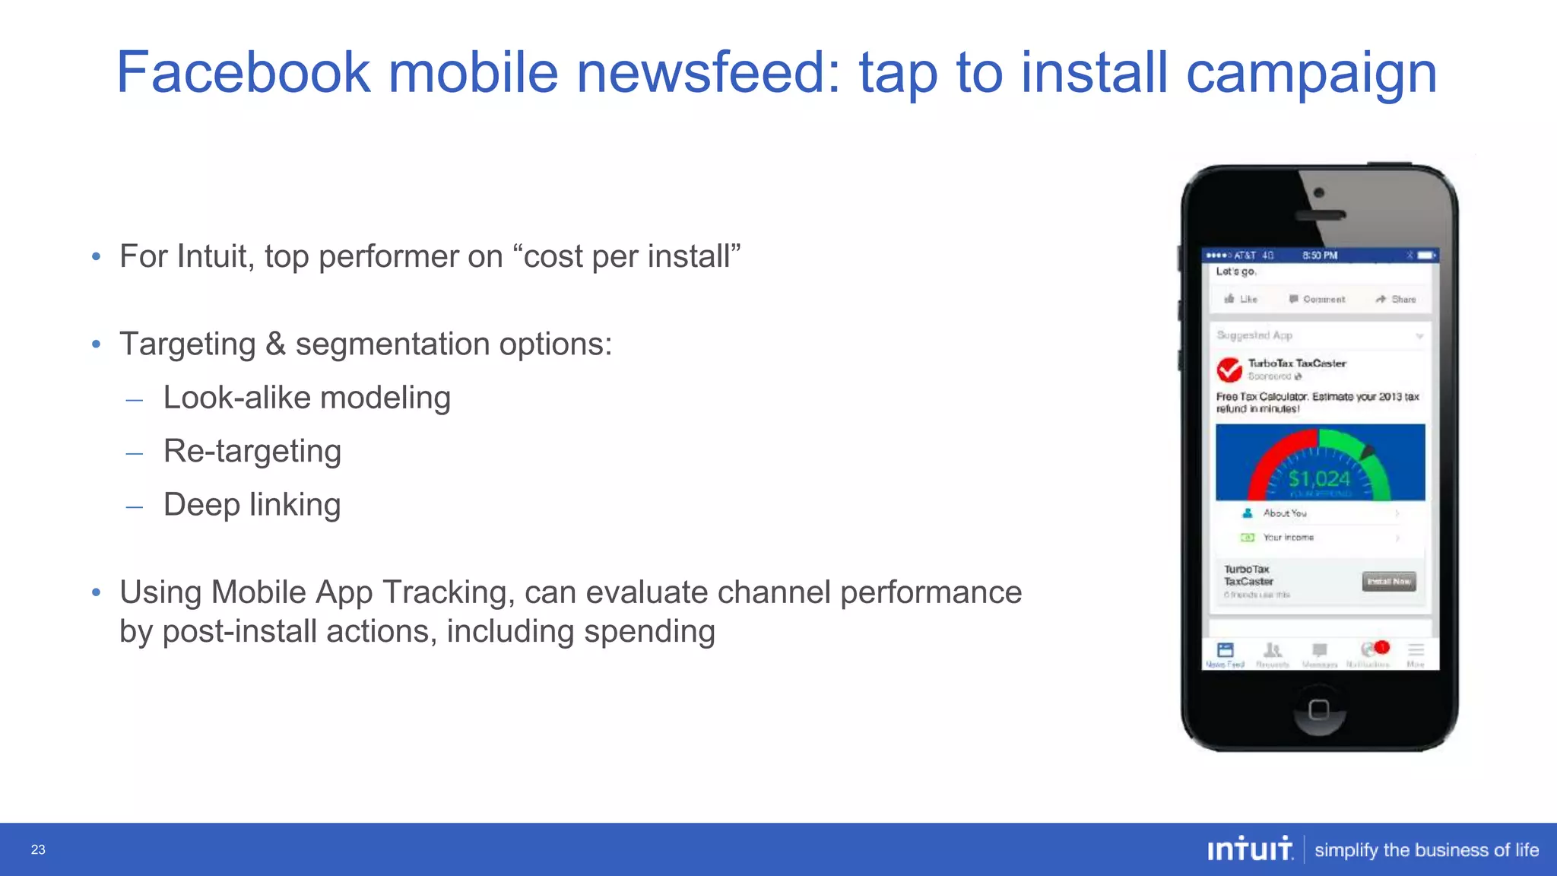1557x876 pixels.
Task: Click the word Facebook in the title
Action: pos(243,73)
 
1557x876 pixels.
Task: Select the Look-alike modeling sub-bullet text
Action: pos(306,398)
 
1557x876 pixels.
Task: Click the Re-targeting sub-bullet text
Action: pos(252,452)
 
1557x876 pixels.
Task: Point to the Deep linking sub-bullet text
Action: pos(252,505)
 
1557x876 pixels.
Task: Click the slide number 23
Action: pos(38,849)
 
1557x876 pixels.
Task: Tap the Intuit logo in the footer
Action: pos(1250,849)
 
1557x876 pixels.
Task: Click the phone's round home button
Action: pos(1319,709)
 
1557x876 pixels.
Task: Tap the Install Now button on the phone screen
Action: pos(1389,582)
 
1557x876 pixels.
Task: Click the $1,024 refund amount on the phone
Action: pos(1319,478)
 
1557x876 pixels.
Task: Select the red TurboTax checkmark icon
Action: pos(1229,370)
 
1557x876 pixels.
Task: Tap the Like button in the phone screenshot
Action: pos(1241,300)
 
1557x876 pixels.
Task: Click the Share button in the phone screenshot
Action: pos(1396,300)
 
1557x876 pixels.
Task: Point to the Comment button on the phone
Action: pos(1317,300)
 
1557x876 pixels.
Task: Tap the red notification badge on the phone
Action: pos(1382,647)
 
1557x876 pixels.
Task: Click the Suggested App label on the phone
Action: pos(1254,335)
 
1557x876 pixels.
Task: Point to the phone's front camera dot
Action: pos(1319,193)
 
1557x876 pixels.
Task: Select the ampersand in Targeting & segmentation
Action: pos(275,344)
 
